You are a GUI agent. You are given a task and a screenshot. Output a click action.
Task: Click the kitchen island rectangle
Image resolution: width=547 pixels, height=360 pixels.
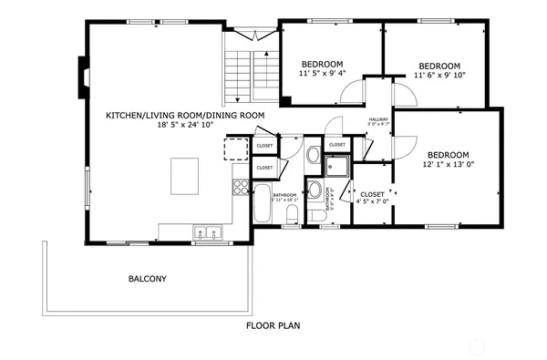tap(184, 175)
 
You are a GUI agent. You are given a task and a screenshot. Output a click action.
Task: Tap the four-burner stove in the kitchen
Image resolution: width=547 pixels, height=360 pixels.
tap(241, 187)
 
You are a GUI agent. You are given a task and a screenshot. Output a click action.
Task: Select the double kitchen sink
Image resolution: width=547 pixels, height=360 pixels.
tap(207, 233)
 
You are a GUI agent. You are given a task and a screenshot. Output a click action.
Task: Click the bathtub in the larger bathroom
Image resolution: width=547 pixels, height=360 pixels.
tap(262, 203)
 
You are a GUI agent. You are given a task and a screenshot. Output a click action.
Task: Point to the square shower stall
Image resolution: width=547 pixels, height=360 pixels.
tap(337, 166)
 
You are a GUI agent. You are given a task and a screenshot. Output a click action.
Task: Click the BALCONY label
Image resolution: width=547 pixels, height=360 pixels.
tap(147, 279)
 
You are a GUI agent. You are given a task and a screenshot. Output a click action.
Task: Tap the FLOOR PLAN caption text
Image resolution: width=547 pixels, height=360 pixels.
tap(273, 325)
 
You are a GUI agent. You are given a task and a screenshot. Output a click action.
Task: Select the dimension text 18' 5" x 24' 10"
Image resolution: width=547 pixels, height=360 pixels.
tap(185, 125)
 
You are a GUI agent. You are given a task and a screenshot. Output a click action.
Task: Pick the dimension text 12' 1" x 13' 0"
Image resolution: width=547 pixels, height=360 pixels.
tap(448, 165)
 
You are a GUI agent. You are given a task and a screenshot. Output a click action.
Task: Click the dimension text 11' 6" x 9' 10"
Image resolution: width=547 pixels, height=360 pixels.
tap(439, 76)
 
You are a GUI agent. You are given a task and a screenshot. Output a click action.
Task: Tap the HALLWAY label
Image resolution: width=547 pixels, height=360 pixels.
tap(378, 119)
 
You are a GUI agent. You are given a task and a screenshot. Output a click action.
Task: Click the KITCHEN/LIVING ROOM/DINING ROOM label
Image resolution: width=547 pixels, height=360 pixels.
tap(185, 115)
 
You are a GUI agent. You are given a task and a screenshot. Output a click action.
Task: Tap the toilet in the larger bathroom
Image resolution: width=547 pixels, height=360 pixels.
tap(293, 214)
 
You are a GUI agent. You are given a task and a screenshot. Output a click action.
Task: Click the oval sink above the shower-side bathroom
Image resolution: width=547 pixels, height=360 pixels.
tap(314, 154)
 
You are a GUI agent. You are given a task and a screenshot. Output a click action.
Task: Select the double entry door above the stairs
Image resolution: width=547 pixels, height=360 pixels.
tap(252, 35)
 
